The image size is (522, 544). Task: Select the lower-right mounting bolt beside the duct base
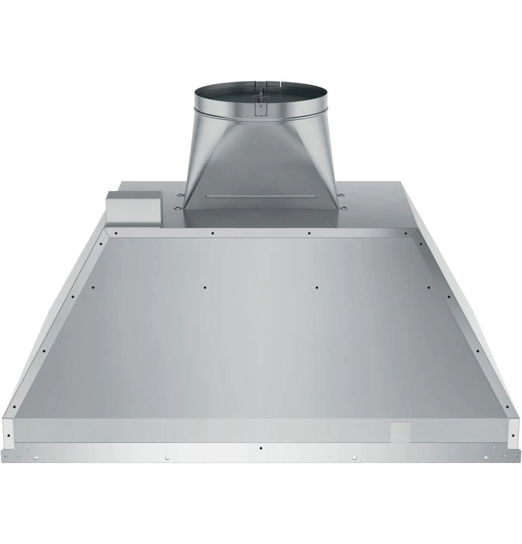click(x=343, y=207)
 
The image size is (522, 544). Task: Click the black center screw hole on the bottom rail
click(x=262, y=448)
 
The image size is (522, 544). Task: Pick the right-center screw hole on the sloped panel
click(x=317, y=286)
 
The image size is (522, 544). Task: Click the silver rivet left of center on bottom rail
click(x=167, y=457)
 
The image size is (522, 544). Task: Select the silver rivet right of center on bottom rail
click(x=355, y=457)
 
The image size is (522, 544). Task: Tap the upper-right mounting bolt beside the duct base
click(x=341, y=194)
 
